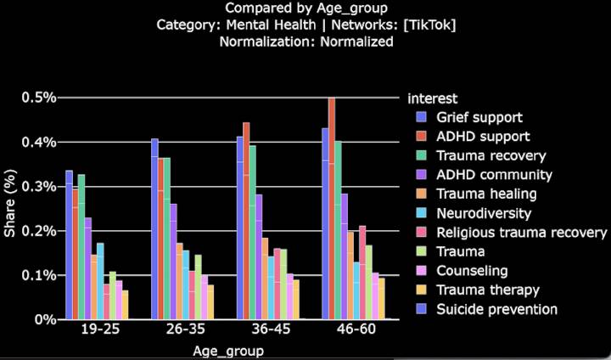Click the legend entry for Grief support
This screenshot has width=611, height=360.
(479, 116)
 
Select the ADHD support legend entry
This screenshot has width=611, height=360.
(484, 136)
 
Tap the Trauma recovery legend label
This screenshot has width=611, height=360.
(491, 155)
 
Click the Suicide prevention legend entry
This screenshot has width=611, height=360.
(497, 309)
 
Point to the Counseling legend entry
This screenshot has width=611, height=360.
(474, 271)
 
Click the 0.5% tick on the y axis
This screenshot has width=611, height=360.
(39, 98)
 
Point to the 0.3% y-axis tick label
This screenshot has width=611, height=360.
(39, 187)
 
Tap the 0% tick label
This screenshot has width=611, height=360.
(46, 320)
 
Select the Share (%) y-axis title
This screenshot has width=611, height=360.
(9, 208)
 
